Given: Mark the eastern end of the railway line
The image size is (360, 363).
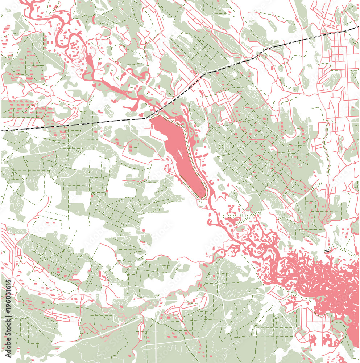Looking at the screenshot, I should [357, 28].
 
